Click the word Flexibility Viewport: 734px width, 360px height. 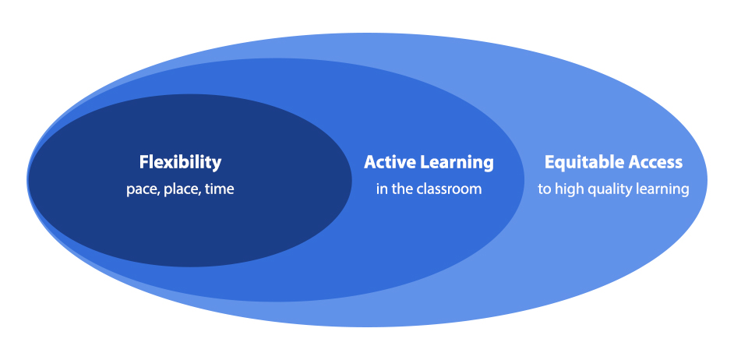coord(180,162)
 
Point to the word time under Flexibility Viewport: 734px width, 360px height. coord(220,189)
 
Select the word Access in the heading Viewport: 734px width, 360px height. coord(655,162)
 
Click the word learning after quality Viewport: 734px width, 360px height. coord(665,189)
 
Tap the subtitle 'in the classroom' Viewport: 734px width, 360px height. coord(429,189)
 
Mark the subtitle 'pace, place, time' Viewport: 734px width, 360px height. coord(180,189)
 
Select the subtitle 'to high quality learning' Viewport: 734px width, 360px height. coord(613,189)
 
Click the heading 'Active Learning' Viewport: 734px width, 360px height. coord(429,162)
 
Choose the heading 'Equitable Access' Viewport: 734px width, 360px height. coord(613,162)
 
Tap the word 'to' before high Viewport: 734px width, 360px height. coord(544,189)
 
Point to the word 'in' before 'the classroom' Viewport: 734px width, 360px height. coord(382,189)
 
